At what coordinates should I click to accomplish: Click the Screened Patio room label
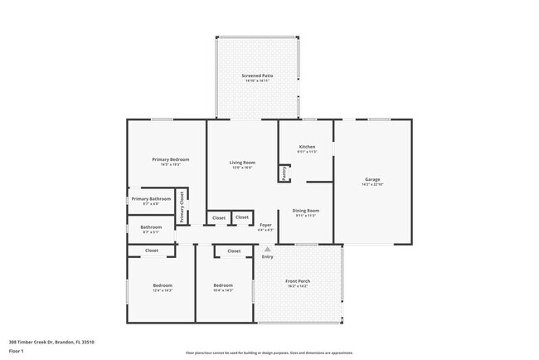tap(257, 75)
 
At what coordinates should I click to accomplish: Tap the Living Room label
tap(241, 162)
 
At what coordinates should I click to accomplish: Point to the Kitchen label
tap(307, 147)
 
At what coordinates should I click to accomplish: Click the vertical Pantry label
tap(284, 173)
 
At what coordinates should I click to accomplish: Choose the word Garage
tap(372, 179)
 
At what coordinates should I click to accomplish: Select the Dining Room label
tap(306, 210)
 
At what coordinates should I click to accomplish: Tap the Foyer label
tap(265, 225)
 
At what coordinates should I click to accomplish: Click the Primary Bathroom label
tap(151, 199)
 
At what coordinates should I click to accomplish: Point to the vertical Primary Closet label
tap(181, 207)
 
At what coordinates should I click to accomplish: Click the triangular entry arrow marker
tap(267, 248)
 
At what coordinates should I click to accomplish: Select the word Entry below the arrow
tap(267, 256)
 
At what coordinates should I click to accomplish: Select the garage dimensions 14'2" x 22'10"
tap(372, 184)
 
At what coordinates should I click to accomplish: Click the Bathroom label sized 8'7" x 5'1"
tap(151, 227)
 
